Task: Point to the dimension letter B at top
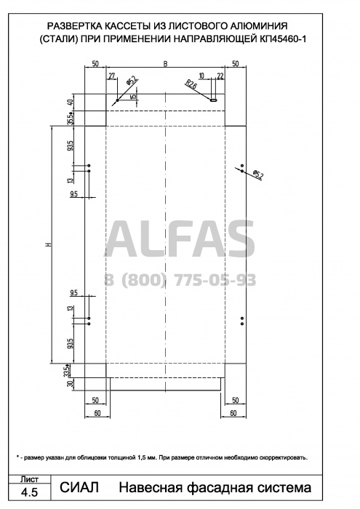pos(165,64)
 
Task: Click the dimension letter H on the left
pos(49,244)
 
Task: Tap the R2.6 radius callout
pos(191,85)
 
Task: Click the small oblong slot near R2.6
pos(214,100)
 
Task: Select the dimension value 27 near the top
pos(111,76)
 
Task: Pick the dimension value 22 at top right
pos(220,76)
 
